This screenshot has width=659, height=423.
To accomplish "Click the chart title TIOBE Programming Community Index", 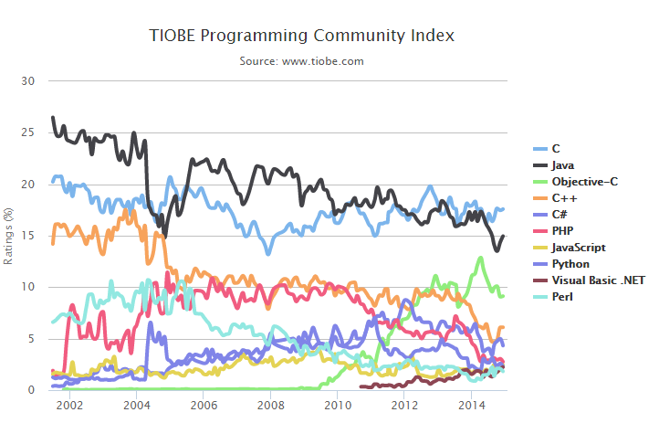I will pos(301,36).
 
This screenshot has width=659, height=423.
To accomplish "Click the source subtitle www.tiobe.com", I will pos(301,61).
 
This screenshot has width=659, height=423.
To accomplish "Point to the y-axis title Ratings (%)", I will pos(8,236).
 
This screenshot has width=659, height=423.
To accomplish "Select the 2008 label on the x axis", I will pos(270,405).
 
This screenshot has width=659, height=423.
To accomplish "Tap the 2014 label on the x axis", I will pos(471,405).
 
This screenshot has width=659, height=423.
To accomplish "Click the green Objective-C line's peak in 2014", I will pos(481,258).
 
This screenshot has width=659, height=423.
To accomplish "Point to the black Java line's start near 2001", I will pos(52,118).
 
